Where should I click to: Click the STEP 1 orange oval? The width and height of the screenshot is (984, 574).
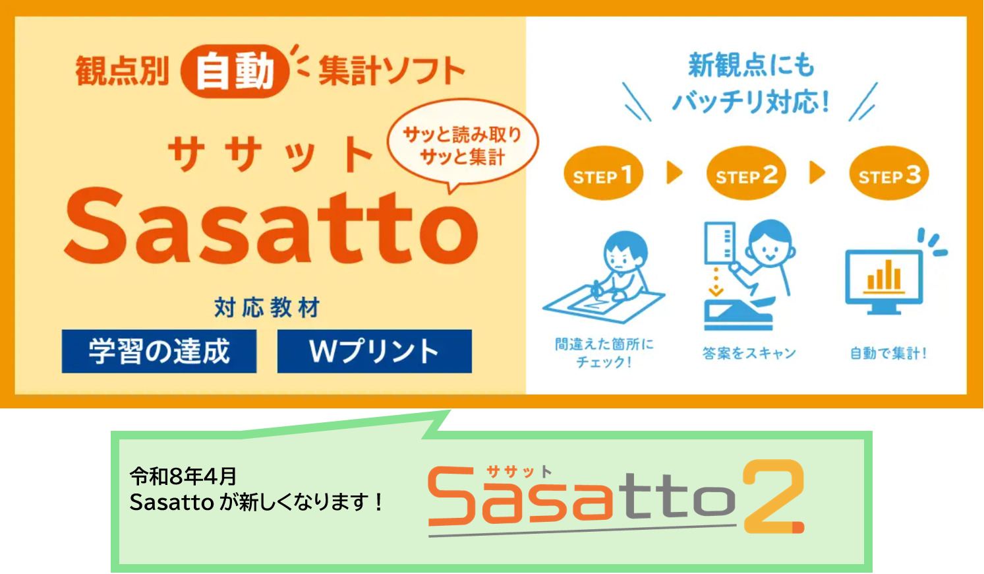tap(603, 174)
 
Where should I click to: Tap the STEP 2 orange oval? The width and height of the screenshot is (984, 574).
tap(746, 174)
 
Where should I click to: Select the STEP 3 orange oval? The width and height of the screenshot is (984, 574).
tap(889, 174)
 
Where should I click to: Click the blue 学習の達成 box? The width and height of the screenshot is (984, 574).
tap(159, 351)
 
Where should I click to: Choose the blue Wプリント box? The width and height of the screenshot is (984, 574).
tap(374, 351)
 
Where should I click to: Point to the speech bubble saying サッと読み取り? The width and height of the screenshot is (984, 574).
tap(462, 146)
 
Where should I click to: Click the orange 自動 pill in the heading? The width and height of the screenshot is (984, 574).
tap(235, 71)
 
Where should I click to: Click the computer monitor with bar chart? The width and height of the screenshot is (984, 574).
tap(884, 281)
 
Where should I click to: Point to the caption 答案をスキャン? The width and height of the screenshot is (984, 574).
tap(749, 353)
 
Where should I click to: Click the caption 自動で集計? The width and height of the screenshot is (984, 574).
tap(888, 353)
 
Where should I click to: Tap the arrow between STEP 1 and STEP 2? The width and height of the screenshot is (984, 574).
tap(674, 174)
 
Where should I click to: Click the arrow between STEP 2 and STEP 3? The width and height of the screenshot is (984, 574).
tap(817, 174)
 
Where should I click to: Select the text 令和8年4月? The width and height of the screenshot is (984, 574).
tap(183, 475)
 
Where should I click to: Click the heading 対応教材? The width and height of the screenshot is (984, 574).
tap(267, 307)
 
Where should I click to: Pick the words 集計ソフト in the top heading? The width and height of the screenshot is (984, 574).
tap(391, 71)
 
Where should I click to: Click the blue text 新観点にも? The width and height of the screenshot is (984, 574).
tap(751, 65)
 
